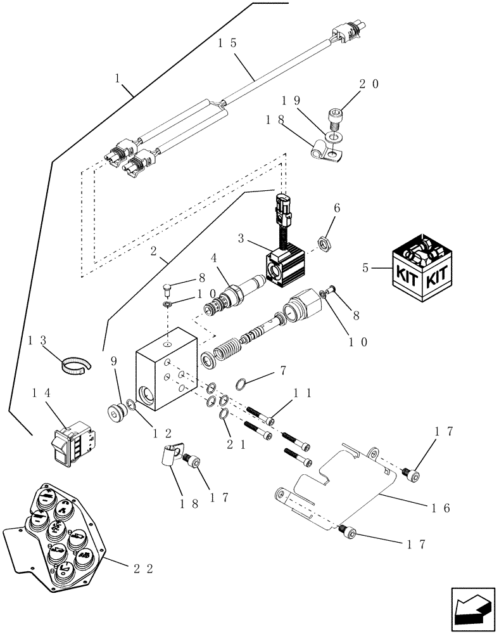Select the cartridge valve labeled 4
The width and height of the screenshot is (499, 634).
point(234,294)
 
